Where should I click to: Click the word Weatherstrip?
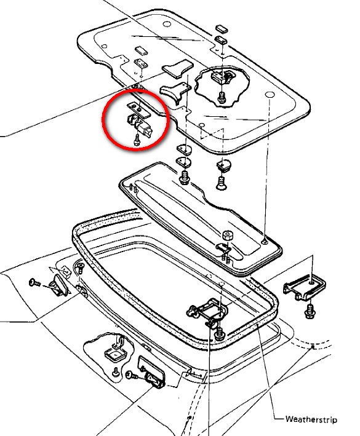click(x=311, y=419)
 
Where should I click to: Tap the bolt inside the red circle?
click(x=137, y=140)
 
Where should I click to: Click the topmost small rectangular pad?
click(x=222, y=29)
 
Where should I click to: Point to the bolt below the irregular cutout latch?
click(x=221, y=98)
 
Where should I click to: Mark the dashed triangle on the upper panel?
click(x=212, y=133)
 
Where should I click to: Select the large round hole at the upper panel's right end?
click(x=270, y=95)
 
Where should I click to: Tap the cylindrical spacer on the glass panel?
click(x=228, y=236)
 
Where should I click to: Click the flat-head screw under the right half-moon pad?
click(x=221, y=183)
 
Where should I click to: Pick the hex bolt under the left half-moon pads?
click(x=184, y=177)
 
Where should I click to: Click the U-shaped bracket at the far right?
click(x=305, y=288)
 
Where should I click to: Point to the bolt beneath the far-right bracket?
click(x=310, y=312)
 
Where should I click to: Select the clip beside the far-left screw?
click(x=58, y=285)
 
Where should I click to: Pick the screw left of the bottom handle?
click(x=132, y=375)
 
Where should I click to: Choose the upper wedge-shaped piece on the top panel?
click(x=177, y=69)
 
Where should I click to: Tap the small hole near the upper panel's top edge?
click(x=167, y=24)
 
